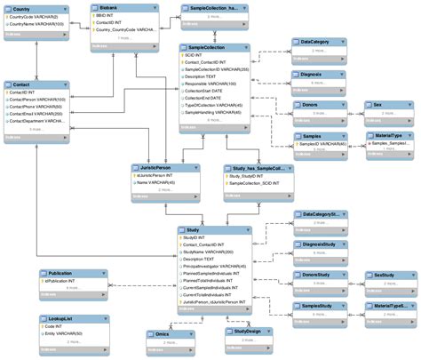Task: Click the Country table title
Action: coord(22,8)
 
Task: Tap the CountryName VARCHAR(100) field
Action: coord(40,24)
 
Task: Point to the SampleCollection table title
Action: coord(208,47)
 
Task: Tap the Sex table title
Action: coord(378,105)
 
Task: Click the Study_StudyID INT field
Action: coord(246,177)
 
